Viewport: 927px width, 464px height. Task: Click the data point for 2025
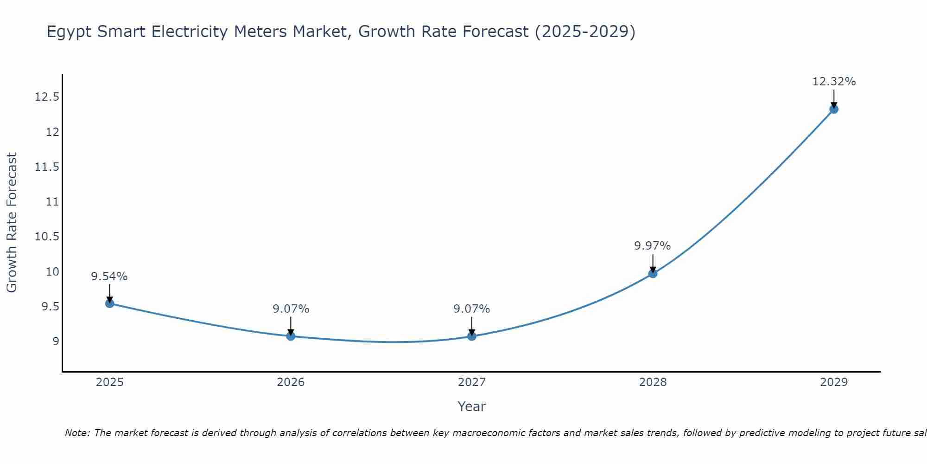[x=110, y=303]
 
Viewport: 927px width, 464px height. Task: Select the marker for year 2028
[x=653, y=273]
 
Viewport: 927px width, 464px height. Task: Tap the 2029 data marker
[x=833, y=109]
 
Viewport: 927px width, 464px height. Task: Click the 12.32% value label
[x=833, y=82]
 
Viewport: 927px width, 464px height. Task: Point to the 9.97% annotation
[x=652, y=246]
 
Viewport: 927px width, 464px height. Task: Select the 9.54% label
[x=109, y=277]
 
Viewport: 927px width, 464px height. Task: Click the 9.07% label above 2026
[x=291, y=309]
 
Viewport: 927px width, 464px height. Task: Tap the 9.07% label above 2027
[x=471, y=309]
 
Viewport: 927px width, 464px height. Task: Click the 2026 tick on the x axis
[x=291, y=382]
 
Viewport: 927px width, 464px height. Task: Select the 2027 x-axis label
[x=471, y=382]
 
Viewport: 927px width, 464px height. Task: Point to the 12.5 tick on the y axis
[x=47, y=97]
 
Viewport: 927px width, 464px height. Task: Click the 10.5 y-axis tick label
[x=47, y=237]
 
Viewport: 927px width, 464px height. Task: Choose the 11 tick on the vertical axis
[x=53, y=202]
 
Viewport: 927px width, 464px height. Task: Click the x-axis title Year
[x=471, y=406]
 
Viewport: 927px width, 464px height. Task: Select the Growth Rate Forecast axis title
[x=12, y=223]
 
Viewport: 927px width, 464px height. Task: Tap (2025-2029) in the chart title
[x=585, y=32]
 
